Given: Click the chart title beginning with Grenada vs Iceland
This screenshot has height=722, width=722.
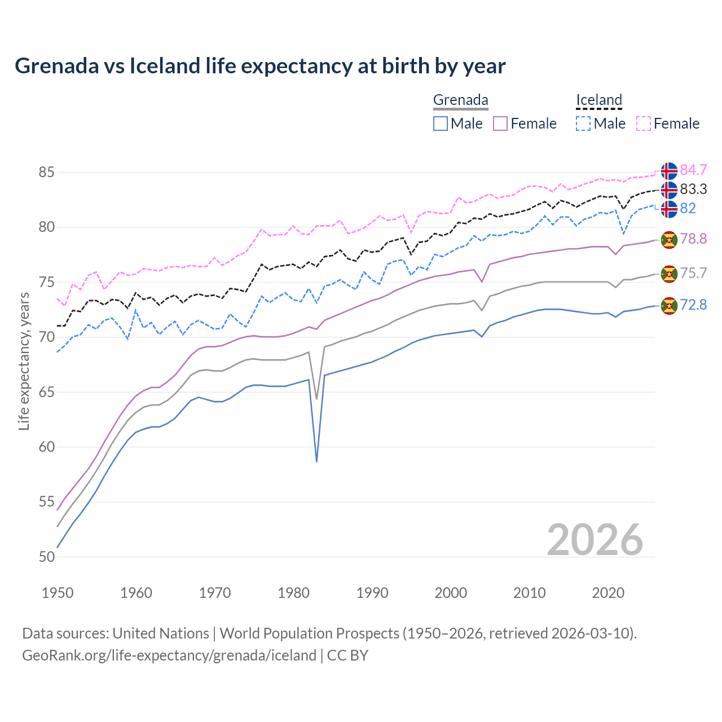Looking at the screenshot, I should (x=260, y=66).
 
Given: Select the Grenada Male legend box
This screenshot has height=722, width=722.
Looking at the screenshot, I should (x=441, y=124).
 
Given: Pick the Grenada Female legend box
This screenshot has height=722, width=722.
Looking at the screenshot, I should (x=500, y=124).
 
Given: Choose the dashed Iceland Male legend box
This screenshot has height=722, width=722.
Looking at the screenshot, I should (x=583, y=124).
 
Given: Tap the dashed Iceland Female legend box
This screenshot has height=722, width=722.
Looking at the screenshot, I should (x=644, y=124).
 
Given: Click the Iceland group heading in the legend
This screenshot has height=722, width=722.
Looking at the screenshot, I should (x=598, y=100).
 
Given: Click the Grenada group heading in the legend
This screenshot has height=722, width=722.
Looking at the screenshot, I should (x=460, y=100).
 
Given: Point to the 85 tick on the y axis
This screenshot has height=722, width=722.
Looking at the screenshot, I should (x=47, y=172).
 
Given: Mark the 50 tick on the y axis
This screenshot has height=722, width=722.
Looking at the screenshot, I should (x=47, y=557).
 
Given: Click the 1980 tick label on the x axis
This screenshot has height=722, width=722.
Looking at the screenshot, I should (x=293, y=593).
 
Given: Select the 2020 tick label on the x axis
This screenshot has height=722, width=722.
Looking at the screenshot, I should (x=608, y=593).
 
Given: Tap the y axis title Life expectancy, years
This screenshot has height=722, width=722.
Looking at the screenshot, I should (x=24, y=361).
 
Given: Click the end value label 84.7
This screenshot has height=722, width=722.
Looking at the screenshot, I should (x=693, y=170).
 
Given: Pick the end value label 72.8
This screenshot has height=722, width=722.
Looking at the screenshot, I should (x=693, y=305).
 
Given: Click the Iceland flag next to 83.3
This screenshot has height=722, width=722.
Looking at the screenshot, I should (x=669, y=190).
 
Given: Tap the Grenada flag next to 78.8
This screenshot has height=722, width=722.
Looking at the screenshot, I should (x=669, y=239).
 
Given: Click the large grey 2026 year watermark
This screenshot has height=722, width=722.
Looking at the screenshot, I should (x=595, y=540).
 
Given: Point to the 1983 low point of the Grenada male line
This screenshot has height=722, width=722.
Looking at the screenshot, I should (x=316, y=461).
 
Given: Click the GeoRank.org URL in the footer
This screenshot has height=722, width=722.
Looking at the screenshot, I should (x=169, y=655).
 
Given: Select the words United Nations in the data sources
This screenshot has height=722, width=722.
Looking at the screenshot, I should (x=161, y=633).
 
